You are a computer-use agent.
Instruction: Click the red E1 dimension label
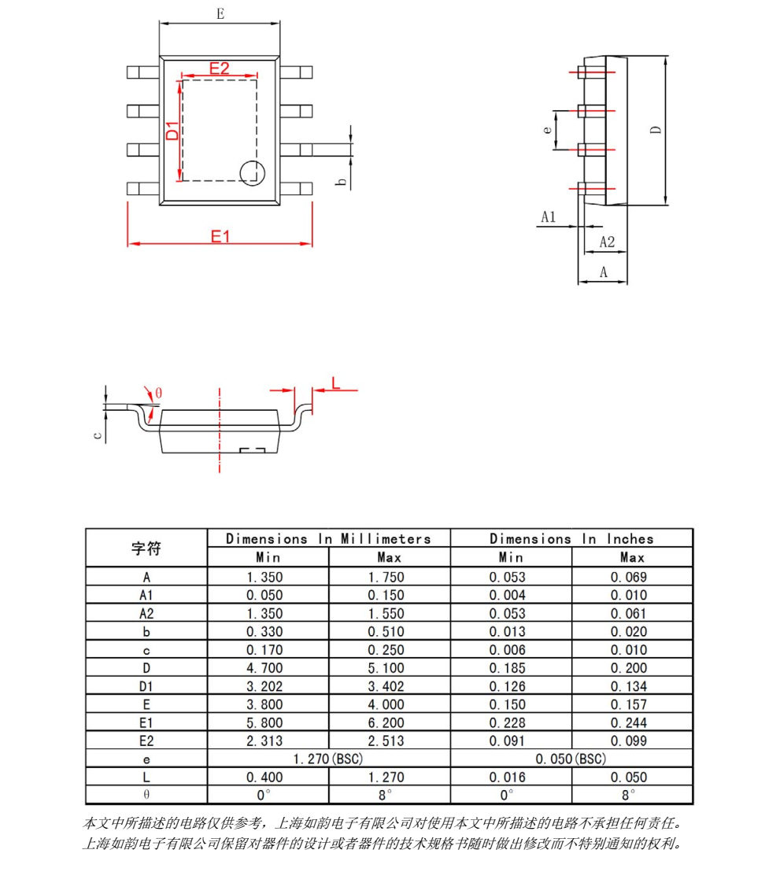pyautogui.click(x=220, y=235)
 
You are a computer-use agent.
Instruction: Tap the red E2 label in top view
pyautogui.click(x=219, y=68)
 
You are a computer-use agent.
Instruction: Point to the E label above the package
pyautogui.click(x=220, y=13)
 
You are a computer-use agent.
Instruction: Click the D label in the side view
pyautogui.click(x=656, y=131)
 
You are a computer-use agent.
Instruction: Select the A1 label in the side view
pyautogui.click(x=549, y=216)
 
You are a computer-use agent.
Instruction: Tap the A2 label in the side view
pyautogui.click(x=607, y=242)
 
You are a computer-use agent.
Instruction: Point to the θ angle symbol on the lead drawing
pyautogui.click(x=158, y=393)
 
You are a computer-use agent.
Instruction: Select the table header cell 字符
pyautogui.click(x=146, y=548)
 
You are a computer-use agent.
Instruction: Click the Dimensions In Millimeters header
pyautogui.click(x=328, y=539)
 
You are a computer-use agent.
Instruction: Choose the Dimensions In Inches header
pyautogui.click(x=571, y=539)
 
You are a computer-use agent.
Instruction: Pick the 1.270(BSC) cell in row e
pyautogui.click(x=328, y=759)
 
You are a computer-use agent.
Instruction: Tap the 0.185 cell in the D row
pyautogui.click(x=510, y=668)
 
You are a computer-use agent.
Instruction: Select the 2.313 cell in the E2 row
pyautogui.click(x=267, y=741)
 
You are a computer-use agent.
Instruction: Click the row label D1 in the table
pyautogui.click(x=146, y=686)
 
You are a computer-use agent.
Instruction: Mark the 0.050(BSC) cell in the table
pyautogui.click(x=571, y=759)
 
